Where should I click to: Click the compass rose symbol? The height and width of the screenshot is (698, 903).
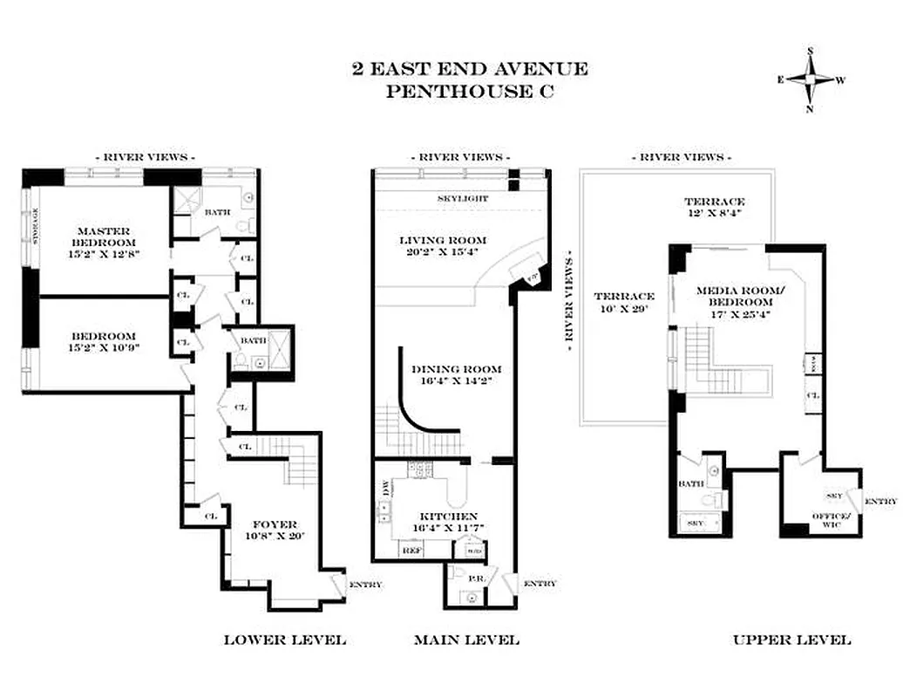point(811,80)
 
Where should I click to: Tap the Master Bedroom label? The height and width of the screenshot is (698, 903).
point(104,243)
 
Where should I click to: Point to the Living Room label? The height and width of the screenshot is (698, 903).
point(443,247)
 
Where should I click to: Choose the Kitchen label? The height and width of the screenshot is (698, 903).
point(445,523)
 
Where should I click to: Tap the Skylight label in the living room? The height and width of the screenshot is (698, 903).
point(463,199)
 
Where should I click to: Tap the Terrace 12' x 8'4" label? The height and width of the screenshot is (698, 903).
point(714,207)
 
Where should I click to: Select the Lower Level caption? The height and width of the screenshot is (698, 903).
point(285,640)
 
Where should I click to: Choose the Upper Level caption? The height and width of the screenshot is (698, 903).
point(791,640)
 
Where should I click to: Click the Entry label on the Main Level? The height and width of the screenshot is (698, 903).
point(540,583)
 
